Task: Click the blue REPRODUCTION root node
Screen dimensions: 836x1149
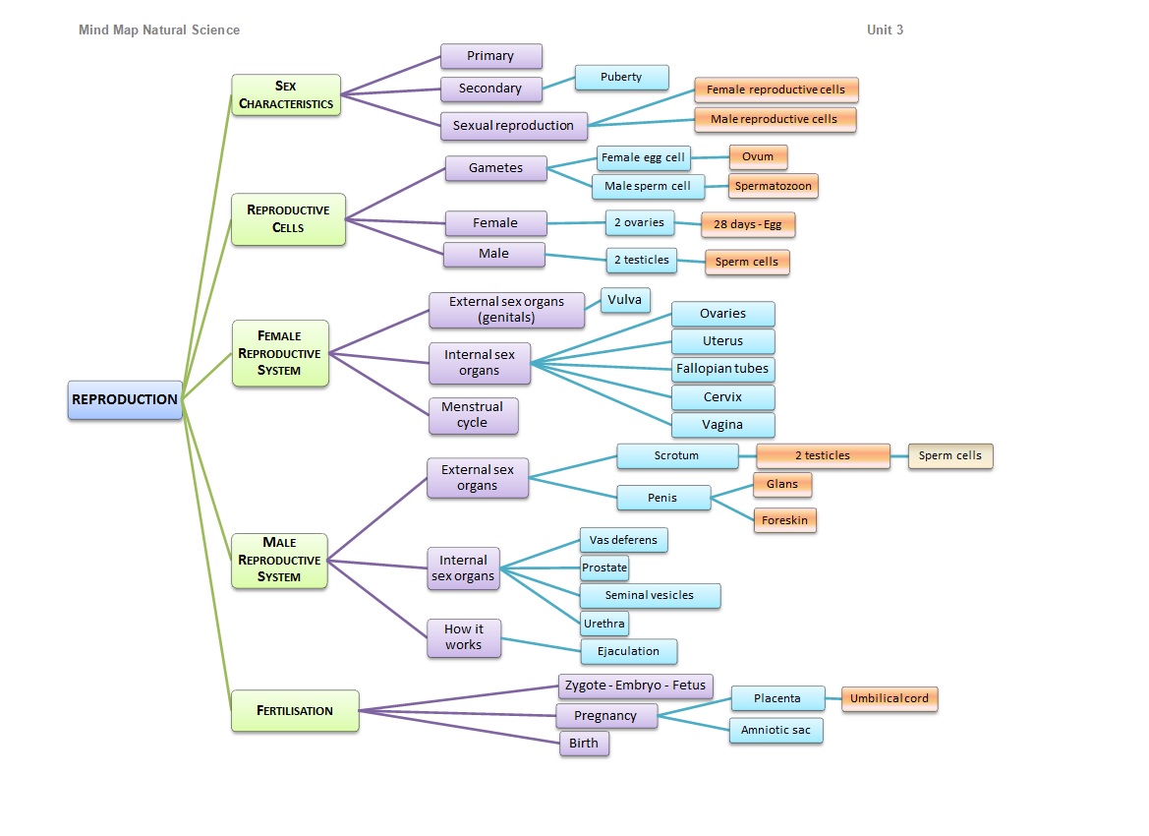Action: tap(125, 400)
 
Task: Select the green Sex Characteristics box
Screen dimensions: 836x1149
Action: tap(286, 95)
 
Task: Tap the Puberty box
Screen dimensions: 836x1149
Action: tap(621, 78)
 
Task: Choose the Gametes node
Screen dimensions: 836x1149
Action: tap(495, 168)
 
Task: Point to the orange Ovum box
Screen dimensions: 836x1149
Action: tap(758, 157)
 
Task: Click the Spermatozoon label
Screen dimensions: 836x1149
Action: tap(774, 186)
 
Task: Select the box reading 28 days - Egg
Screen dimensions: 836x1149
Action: tap(748, 225)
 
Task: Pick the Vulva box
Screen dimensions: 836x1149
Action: tap(625, 300)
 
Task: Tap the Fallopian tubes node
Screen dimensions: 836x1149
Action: tap(723, 370)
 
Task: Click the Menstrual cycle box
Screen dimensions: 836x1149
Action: tap(473, 415)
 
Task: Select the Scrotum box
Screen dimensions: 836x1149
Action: tap(677, 456)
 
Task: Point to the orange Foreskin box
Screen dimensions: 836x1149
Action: tap(785, 520)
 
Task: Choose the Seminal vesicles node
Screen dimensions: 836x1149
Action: tap(650, 596)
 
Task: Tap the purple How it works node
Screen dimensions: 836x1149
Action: tap(464, 637)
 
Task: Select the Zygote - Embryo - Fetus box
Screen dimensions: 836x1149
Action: tap(635, 686)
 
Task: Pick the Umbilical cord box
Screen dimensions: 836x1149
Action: tap(890, 699)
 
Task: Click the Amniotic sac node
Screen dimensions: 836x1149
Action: tap(776, 731)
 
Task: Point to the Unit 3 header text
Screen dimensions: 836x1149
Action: tap(885, 30)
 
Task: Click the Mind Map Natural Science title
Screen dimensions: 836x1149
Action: tap(159, 30)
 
